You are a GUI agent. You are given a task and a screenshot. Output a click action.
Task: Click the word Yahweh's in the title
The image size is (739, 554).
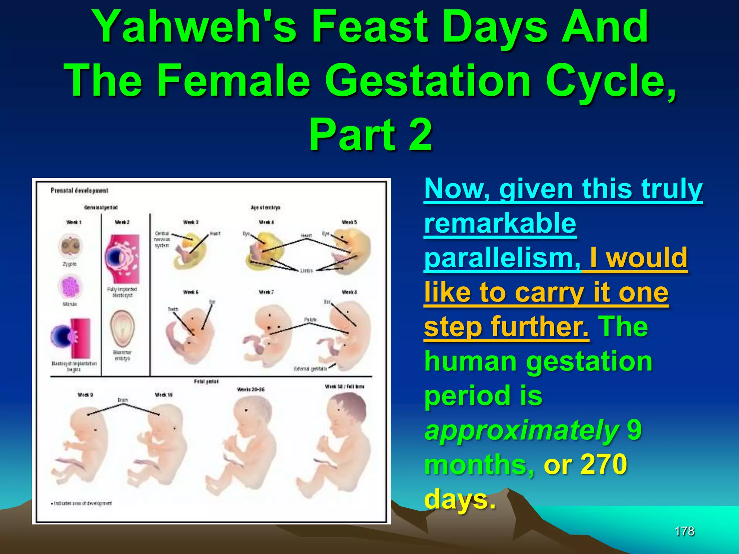(x=195, y=27)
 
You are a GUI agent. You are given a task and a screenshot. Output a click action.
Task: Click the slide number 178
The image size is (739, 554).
(x=685, y=531)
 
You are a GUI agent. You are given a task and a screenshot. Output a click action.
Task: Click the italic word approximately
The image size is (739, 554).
(x=521, y=430)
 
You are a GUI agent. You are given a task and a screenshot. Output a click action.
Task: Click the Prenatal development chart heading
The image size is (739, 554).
(x=79, y=190)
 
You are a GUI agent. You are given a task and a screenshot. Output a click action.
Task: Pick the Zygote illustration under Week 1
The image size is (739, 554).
(x=70, y=247)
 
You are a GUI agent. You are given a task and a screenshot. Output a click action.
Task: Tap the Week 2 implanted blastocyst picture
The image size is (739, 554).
(x=122, y=259)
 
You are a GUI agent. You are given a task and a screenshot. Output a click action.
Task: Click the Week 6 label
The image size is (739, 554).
(x=191, y=292)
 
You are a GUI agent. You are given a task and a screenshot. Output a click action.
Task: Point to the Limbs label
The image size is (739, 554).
(x=306, y=271)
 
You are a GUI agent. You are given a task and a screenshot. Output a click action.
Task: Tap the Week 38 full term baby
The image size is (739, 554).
(x=336, y=444)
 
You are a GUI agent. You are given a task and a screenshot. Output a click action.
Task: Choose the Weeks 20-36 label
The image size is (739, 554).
(x=250, y=390)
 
